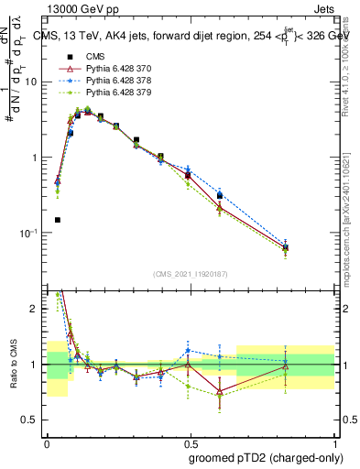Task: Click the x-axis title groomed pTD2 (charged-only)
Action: tap(266, 457)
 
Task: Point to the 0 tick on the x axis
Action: tap(47, 442)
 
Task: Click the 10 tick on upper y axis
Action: tap(31, 82)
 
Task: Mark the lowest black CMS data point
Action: tap(58, 220)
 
